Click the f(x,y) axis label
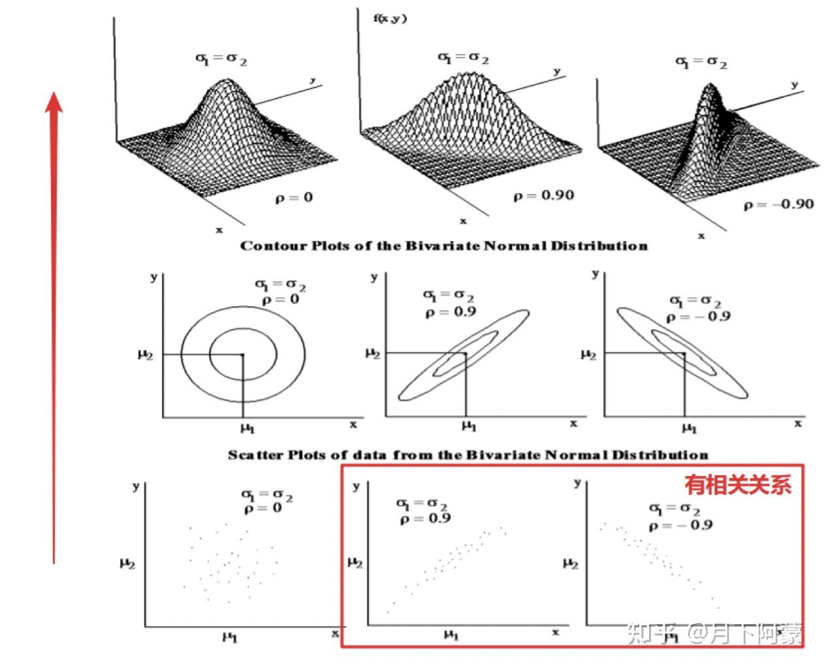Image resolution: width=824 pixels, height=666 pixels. click(x=390, y=18)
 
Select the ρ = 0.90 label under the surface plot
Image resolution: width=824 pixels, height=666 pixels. click(x=543, y=195)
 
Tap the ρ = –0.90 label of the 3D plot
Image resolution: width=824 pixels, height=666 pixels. click(x=779, y=204)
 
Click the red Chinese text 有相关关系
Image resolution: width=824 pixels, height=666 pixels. click(x=738, y=484)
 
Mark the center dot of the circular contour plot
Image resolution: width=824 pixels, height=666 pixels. click(x=242, y=355)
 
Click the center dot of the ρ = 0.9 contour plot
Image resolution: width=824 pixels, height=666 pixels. click(x=465, y=353)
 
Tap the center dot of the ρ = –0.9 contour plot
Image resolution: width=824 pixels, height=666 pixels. click(x=684, y=353)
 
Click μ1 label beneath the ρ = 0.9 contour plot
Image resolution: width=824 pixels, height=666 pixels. click(x=469, y=426)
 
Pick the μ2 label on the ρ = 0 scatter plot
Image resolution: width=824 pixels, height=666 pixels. click(x=127, y=562)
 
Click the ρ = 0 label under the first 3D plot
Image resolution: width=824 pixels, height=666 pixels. click(x=294, y=197)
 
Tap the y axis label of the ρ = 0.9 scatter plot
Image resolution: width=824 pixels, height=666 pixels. click(x=356, y=486)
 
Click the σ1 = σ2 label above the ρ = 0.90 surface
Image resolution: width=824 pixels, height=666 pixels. click(x=463, y=59)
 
